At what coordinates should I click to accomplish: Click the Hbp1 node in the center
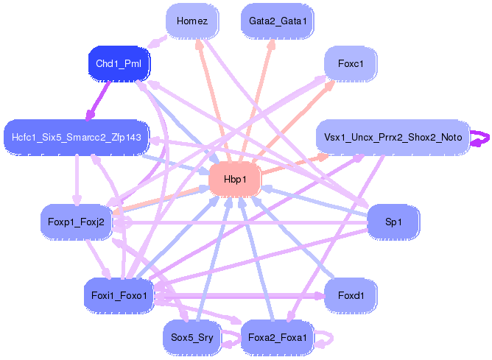235,180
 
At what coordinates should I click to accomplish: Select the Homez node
192,21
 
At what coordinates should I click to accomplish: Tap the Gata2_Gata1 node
278,21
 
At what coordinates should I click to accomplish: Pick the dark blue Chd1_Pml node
119,63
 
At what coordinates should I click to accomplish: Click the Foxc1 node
351,63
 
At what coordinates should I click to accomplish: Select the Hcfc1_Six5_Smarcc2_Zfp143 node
77,138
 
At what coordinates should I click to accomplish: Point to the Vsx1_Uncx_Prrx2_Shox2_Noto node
393,138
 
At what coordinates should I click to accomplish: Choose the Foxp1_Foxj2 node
77,222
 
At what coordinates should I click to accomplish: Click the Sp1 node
393,222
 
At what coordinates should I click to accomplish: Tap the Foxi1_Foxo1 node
119,296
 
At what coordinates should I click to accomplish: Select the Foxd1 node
351,296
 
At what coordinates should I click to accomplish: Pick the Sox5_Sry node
192,338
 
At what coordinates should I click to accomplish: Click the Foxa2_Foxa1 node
278,338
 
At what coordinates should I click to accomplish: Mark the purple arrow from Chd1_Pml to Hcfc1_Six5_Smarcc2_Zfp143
99,101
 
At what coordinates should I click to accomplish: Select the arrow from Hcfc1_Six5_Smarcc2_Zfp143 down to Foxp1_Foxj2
77,180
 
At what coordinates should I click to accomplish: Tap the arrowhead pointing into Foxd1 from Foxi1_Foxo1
320,296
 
